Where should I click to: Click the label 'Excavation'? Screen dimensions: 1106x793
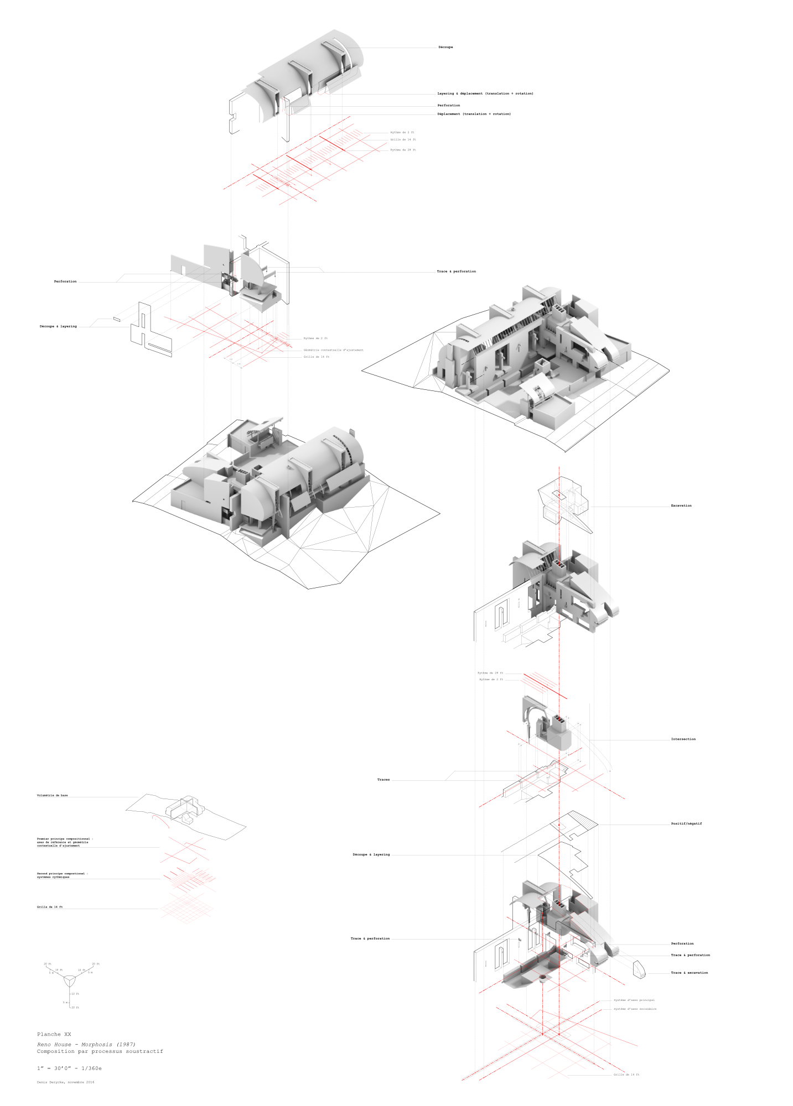click(x=681, y=505)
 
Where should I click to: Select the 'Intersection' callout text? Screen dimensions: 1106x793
click(x=683, y=739)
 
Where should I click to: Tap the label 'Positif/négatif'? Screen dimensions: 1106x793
click(x=686, y=823)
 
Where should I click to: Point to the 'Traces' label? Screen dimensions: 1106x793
click(x=383, y=780)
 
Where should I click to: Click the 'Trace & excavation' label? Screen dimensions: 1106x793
click(x=689, y=973)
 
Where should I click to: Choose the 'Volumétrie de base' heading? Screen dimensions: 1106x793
click(x=53, y=795)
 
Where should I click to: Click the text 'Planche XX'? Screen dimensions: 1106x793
click(x=54, y=1034)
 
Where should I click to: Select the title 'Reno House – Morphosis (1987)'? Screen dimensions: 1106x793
click(x=86, y=1045)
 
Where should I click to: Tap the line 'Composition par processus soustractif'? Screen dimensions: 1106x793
click(x=100, y=1051)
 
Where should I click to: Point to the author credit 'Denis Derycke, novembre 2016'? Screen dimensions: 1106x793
click(x=65, y=1082)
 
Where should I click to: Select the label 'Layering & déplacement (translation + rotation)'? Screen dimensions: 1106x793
click(x=485, y=93)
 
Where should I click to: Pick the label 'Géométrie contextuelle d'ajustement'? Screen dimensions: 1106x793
click(x=333, y=350)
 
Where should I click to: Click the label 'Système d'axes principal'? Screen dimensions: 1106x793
click(x=634, y=1000)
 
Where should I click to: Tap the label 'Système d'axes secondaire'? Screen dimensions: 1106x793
click(x=635, y=1009)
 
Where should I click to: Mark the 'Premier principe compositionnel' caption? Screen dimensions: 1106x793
click(x=65, y=842)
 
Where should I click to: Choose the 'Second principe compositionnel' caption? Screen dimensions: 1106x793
click(x=62, y=875)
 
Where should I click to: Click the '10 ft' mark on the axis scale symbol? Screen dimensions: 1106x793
click(x=75, y=994)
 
